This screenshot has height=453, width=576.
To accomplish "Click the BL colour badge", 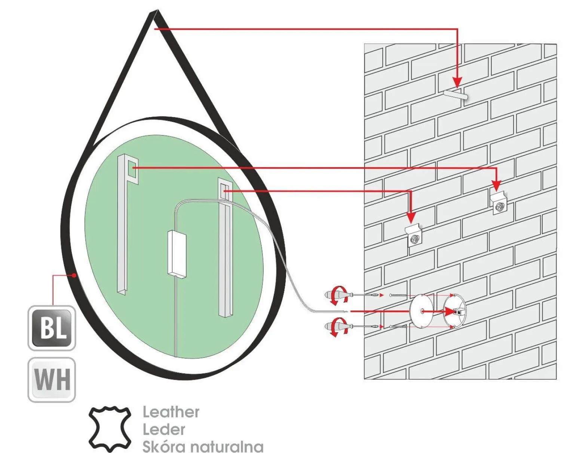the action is (52, 328).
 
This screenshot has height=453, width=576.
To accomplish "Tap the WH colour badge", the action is (52, 380).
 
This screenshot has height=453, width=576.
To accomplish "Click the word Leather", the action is (171, 412).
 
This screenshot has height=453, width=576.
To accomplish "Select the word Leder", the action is (164, 429).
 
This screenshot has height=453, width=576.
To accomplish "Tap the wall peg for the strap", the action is (455, 96).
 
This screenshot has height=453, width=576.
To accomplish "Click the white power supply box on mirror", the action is (177, 253).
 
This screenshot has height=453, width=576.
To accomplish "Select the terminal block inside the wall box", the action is (459, 312).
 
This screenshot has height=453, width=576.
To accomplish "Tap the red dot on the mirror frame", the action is (74, 275).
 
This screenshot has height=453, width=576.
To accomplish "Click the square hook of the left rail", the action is (132, 170).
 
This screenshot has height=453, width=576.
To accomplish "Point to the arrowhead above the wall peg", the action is (457, 82).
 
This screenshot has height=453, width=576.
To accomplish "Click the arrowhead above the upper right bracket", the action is (497, 185).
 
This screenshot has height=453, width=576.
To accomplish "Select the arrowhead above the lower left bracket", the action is (411, 218).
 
